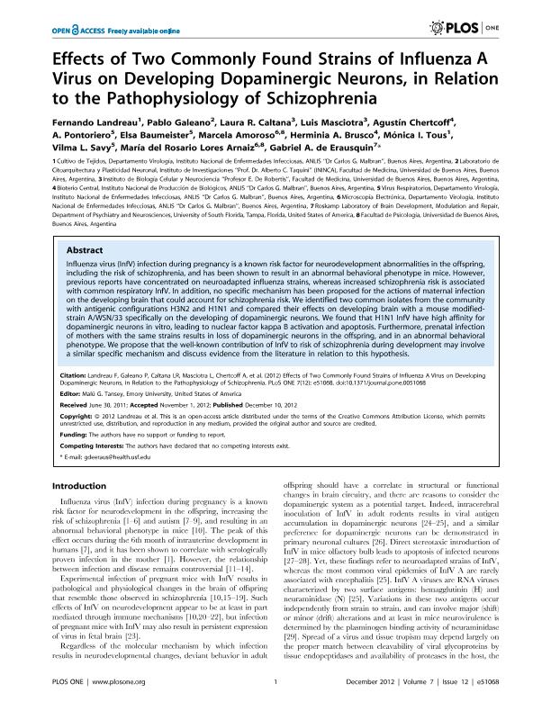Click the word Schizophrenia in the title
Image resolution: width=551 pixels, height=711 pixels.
pos(318,97)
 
